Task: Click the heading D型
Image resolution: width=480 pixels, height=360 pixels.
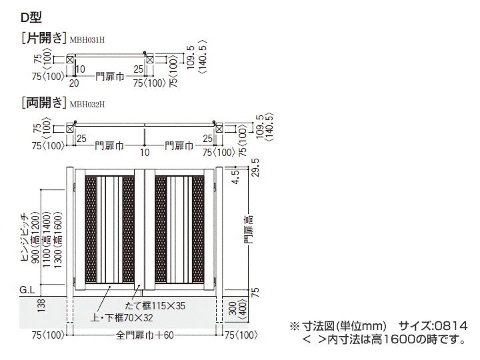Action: click(x=31, y=17)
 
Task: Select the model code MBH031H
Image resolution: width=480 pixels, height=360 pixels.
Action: click(x=87, y=40)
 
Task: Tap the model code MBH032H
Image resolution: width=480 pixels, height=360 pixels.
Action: click(x=87, y=105)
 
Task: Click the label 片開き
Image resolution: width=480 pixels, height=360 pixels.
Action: click(x=44, y=38)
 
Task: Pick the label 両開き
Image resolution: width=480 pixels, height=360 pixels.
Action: click(x=44, y=103)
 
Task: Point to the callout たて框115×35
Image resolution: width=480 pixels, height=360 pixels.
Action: click(x=155, y=305)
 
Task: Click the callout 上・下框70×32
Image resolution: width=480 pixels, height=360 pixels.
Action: click(x=122, y=318)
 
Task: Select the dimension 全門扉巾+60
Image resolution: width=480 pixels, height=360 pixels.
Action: click(x=145, y=335)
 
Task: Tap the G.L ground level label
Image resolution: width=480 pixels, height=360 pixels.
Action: click(x=27, y=290)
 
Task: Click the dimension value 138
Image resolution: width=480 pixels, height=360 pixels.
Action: click(x=41, y=305)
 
